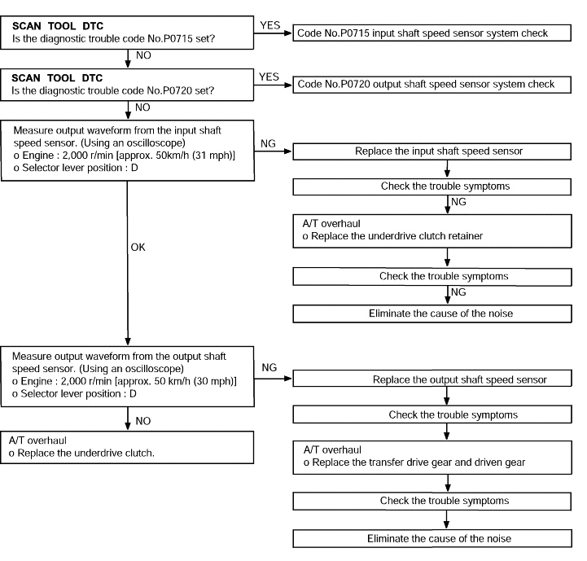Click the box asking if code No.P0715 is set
click(127, 33)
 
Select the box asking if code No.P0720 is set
click(127, 85)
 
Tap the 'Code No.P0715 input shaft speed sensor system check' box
click(431, 33)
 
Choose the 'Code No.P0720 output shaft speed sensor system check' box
click(431, 85)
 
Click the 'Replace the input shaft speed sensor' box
click(432, 151)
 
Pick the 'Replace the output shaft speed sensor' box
click(432, 379)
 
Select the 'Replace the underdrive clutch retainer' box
click(432, 231)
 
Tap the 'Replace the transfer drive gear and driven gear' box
click(432, 458)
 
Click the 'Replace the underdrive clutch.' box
click(127, 448)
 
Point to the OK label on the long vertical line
click(138, 248)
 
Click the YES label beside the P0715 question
click(270, 25)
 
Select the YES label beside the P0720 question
click(269, 77)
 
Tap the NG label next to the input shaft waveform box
click(268, 143)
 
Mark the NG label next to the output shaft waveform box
click(269, 367)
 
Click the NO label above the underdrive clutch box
click(143, 421)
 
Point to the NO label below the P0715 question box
click(143, 55)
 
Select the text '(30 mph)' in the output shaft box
click(215, 381)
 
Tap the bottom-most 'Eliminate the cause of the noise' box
click(432, 538)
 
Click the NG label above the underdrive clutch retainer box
click(458, 202)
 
